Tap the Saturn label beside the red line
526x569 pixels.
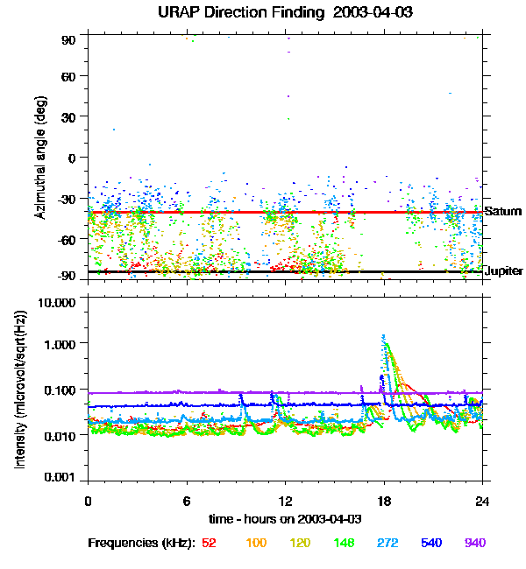[x=503, y=212]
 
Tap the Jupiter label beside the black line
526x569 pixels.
[x=504, y=271]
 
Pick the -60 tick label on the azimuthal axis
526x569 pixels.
[x=68, y=239]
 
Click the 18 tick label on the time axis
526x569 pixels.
[x=384, y=502]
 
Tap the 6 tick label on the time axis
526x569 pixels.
[x=187, y=502]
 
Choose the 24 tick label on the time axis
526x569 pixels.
[x=482, y=502]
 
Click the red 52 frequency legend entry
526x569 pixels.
[x=209, y=543]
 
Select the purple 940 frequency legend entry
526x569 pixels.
[x=474, y=543]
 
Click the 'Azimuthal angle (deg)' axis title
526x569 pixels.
[x=39, y=158]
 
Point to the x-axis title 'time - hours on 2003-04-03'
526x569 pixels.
[x=284, y=519]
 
